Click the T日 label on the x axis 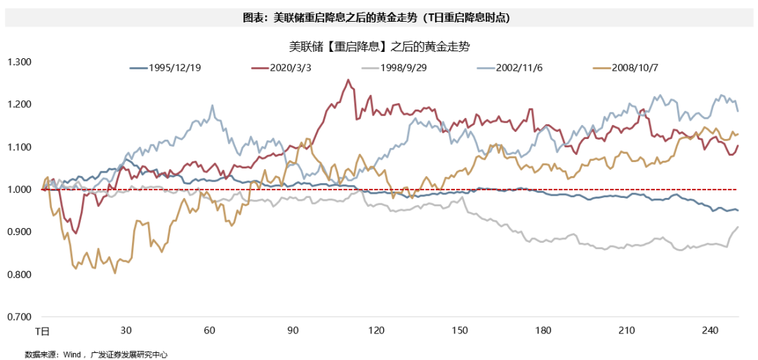[x=43, y=331]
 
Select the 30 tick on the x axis [x=126, y=331]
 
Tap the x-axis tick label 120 [x=377, y=331]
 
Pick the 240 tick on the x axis [x=710, y=331]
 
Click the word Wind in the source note [x=73, y=354]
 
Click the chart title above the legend [x=379, y=48]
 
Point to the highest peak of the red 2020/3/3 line [x=349, y=80]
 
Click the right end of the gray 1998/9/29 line [x=738, y=227]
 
